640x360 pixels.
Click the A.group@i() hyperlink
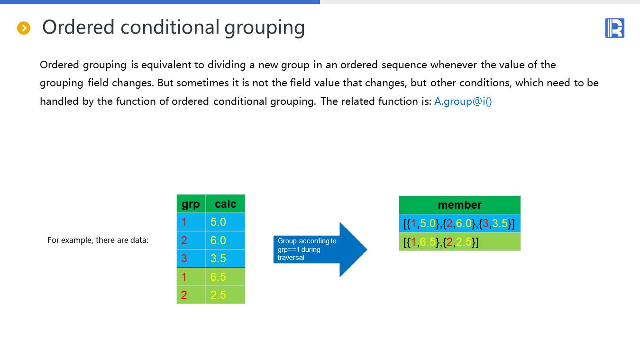463,101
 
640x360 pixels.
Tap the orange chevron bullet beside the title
24,28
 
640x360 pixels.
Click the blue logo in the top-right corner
614,28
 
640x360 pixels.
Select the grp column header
191,204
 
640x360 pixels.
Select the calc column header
226,204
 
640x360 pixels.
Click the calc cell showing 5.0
226,222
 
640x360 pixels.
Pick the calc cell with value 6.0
226,240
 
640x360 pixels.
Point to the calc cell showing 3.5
226,258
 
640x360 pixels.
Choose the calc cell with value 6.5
226,277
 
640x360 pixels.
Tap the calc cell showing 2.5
226,295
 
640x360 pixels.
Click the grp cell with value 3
191,258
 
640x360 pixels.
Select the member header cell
459,205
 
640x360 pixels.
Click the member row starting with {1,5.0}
459,223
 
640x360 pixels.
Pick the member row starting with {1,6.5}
459,241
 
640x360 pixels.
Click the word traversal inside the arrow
291,258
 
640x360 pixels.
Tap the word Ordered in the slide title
78,27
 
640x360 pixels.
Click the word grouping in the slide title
265,28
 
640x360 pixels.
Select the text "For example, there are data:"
98,240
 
